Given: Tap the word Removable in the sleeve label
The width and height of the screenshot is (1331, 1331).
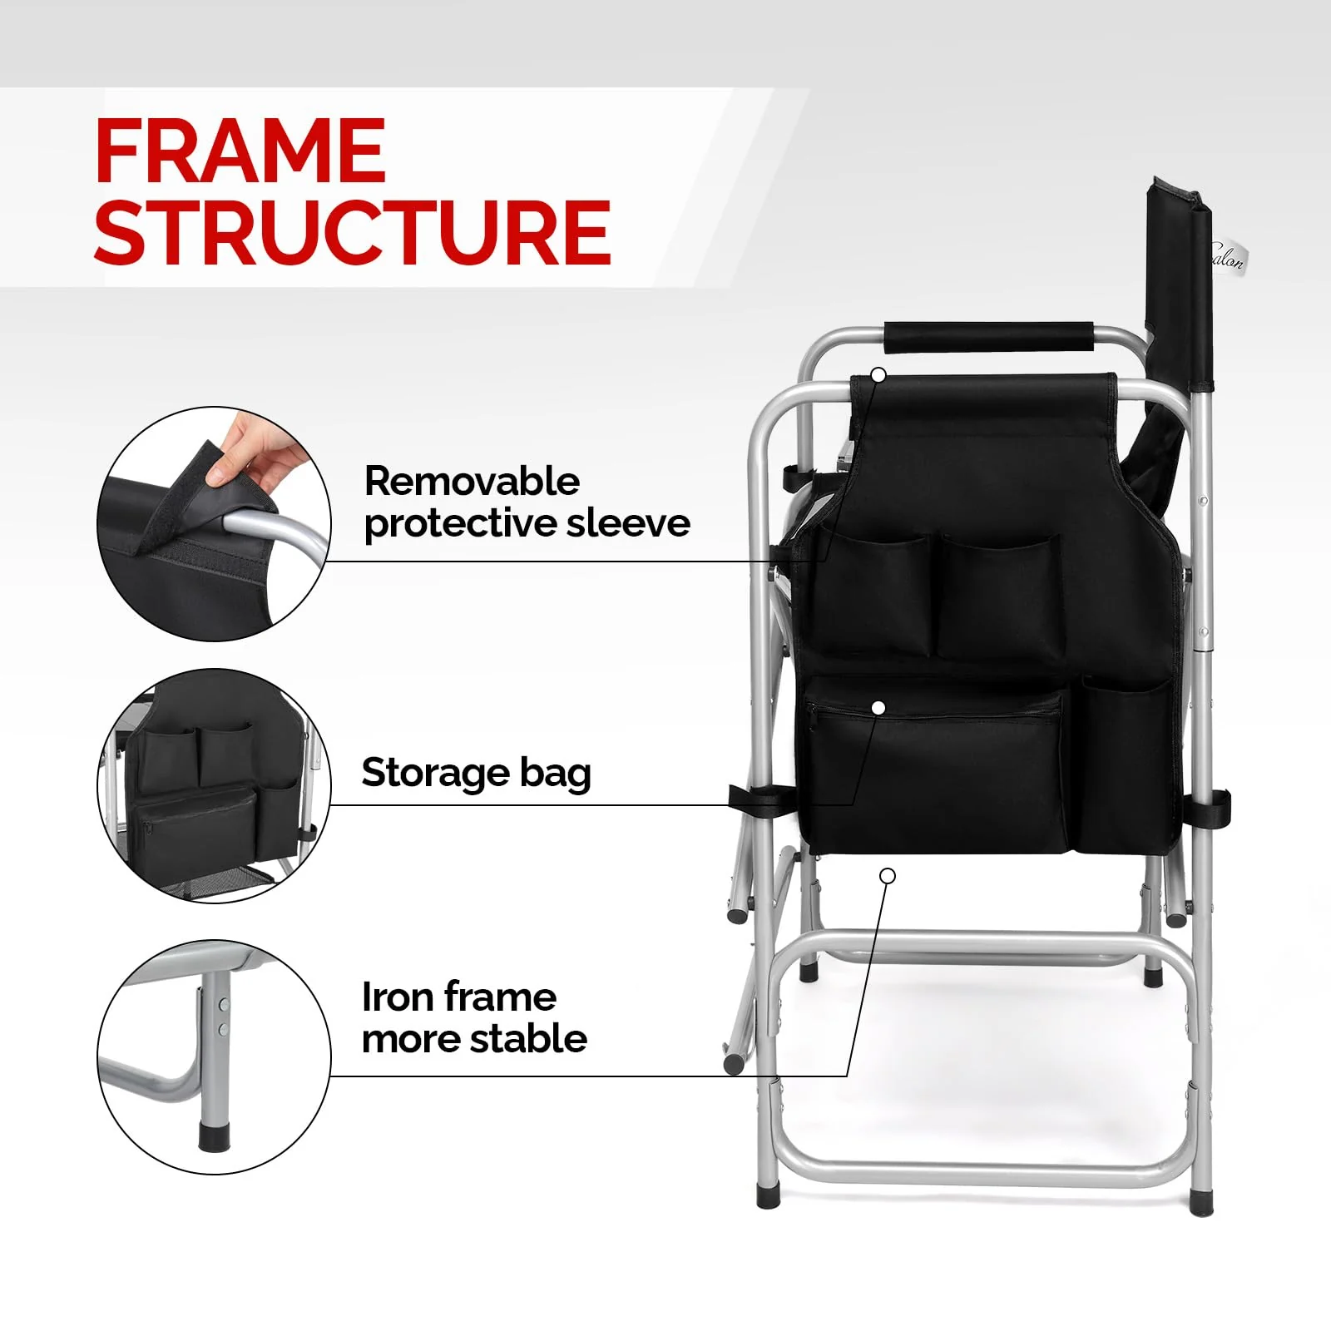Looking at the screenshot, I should (472, 482).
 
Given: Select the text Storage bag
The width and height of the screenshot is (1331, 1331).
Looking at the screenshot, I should (476, 773).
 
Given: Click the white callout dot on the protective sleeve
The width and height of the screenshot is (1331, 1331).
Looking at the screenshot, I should (878, 375).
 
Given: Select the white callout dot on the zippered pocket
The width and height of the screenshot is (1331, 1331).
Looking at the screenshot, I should (878, 708).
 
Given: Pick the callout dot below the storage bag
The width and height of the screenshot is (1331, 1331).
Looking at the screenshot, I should (888, 876).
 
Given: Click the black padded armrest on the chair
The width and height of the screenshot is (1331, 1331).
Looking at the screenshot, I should (988, 337).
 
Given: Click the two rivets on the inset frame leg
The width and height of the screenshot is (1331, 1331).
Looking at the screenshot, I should (223, 1017).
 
